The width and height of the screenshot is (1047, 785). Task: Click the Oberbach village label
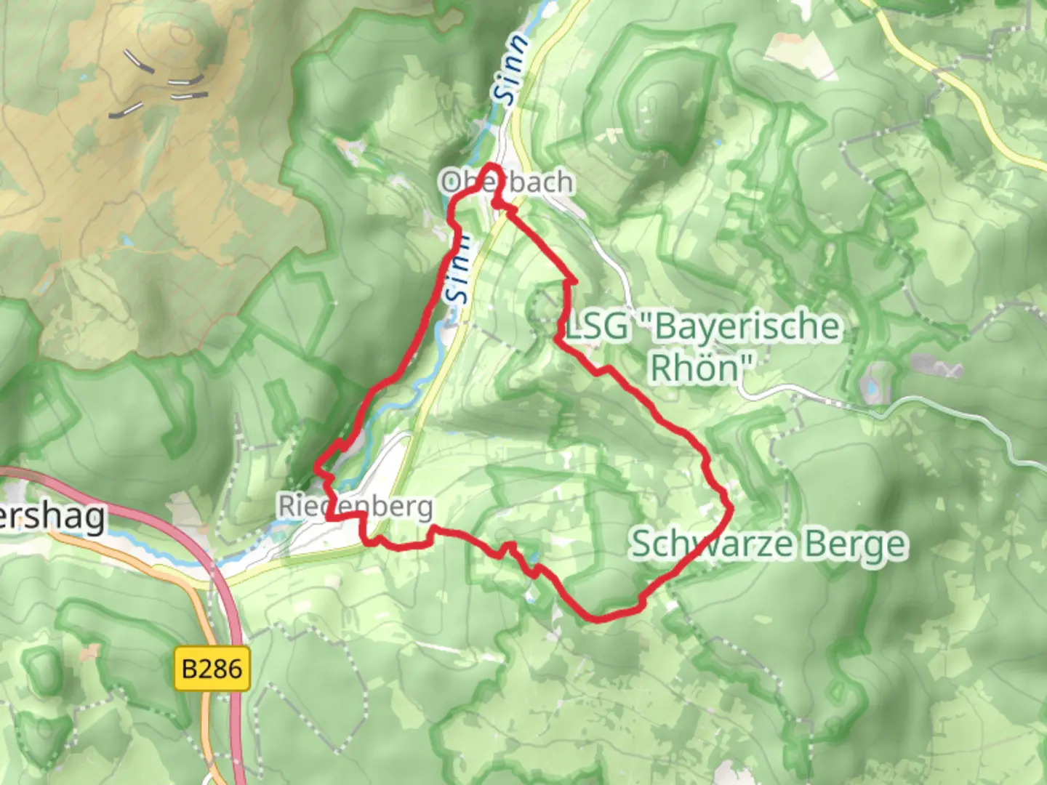point(507,182)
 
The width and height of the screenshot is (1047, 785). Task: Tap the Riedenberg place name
point(356,507)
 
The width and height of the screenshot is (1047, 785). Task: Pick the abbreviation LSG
point(598,326)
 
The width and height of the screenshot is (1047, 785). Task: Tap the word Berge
point(861,544)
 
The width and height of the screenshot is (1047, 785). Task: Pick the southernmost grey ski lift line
point(126,110)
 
